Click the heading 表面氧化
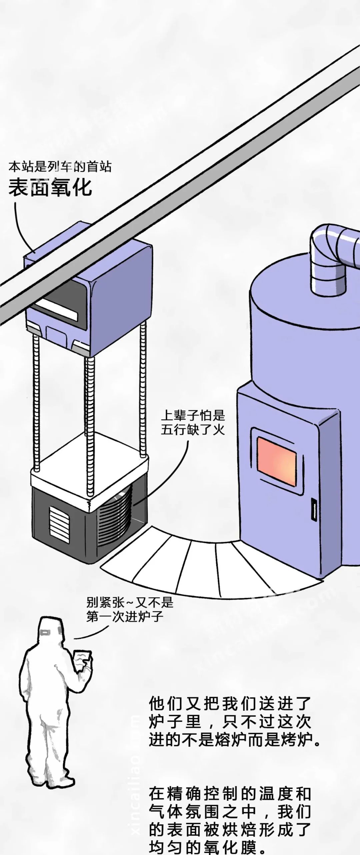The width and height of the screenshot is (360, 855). [x=50, y=187]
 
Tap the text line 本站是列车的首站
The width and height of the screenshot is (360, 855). [x=60, y=167]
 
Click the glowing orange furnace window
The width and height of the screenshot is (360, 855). [x=277, y=461]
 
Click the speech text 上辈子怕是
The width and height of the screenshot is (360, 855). [x=193, y=415]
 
